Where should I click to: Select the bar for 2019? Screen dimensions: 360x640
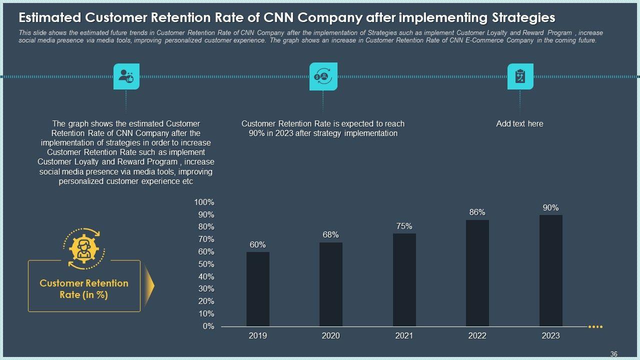[x=257, y=289]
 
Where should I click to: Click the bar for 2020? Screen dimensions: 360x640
[x=330, y=284]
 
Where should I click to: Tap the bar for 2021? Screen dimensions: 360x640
[x=404, y=280]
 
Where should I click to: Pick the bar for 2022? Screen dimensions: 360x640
[x=477, y=273]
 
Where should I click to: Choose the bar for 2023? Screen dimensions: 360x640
[x=550, y=270]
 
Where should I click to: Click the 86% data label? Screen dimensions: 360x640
[x=477, y=212]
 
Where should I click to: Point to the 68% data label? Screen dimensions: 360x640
[x=330, y=235]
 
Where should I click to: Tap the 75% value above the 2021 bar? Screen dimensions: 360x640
[x=404, y=226]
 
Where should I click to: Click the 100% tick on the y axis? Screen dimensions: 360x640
[x=204, y=202]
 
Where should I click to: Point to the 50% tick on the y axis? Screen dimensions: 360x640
[x=206, y=264]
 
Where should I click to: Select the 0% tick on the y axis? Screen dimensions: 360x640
[x=208, y=326]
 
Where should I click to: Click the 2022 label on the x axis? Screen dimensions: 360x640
[x=477, y=336]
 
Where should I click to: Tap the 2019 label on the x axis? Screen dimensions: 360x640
[x=257, y=336]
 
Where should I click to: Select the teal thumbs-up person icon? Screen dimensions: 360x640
[x=126, y=76]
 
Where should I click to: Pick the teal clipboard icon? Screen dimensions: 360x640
[x=520, y=76]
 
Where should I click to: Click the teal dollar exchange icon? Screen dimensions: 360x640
[x=323, y=76]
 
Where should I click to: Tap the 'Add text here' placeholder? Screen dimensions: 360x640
[x=519, y=124]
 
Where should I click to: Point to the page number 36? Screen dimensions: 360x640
[x=614, y=354]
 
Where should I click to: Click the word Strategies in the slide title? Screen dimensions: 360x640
[x=523, y=18]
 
